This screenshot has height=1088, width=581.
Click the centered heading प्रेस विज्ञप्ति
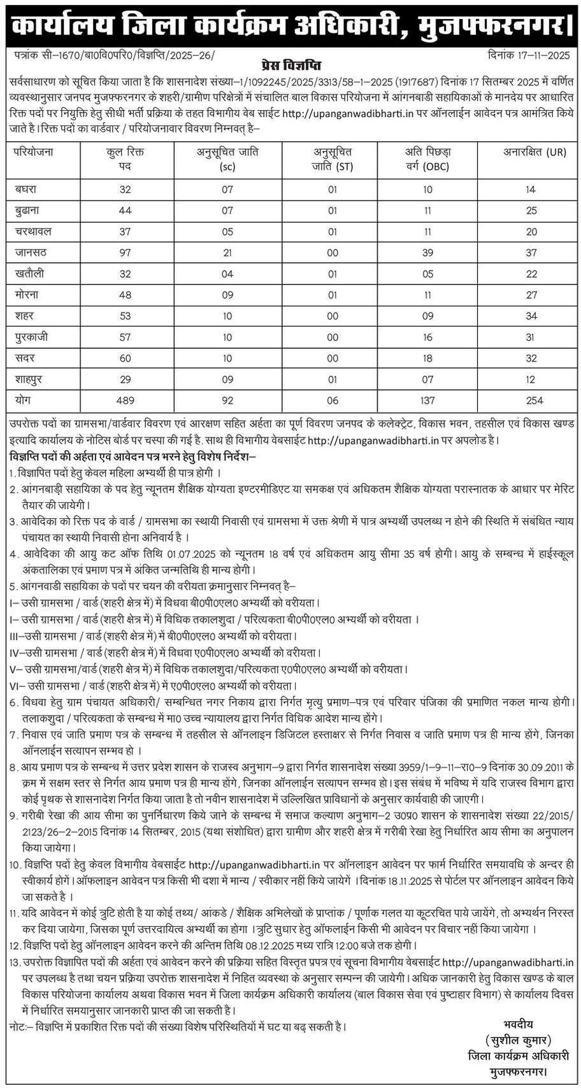[290, 66]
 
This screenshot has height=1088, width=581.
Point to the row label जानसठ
[31, 253]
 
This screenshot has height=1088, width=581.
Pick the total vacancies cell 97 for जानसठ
[125, 253]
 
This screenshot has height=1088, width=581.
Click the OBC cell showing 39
[427, 253]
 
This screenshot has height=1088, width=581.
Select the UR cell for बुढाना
[531, 210]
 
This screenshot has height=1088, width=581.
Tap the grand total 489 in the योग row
[125, 400]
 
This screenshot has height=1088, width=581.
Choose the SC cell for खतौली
[227, 274]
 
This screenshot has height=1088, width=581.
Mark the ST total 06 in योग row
[332, 400]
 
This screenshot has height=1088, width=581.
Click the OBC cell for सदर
[427, 358]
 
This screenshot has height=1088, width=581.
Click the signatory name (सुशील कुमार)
[517, 1040]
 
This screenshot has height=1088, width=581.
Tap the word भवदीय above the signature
[517, 1024]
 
